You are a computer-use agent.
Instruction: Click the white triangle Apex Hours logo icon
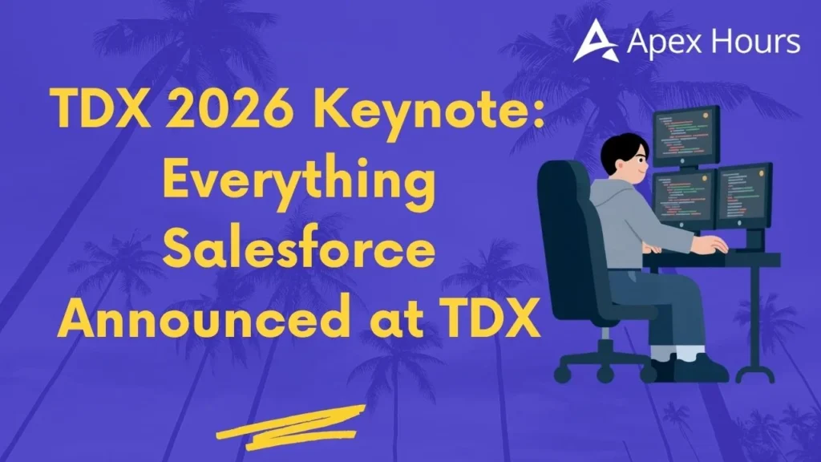click(x=595, y=41)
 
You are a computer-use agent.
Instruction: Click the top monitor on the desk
click(x=686, y=136)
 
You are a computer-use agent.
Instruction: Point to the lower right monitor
click(x=743, y=196)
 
